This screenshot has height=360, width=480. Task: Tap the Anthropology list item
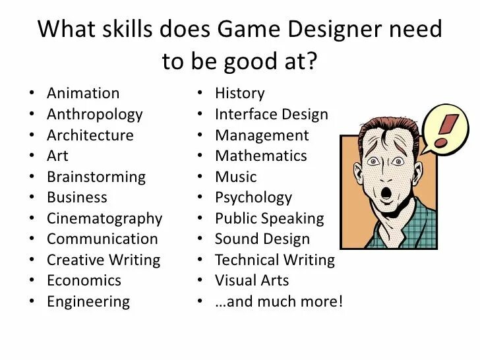click(94, 114)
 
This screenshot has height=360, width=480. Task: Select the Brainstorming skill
click(96, 177)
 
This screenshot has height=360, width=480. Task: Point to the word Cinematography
click(104, 218)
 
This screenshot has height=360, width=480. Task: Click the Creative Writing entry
click(103, 260)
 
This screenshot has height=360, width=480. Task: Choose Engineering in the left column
click(88, 302)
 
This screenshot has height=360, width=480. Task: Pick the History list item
click(239, 94)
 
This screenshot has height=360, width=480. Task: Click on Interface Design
click(271, 114)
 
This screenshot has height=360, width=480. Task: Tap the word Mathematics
click(260, 156)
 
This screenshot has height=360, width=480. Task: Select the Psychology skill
click(253, 198)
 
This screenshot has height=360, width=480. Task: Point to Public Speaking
click(269, 218)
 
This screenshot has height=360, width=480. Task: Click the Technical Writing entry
click(274, 260)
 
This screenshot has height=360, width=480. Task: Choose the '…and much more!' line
click(278, 302)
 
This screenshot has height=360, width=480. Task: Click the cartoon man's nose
click(383, 173)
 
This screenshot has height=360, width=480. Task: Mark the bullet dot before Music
click(200, 177)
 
